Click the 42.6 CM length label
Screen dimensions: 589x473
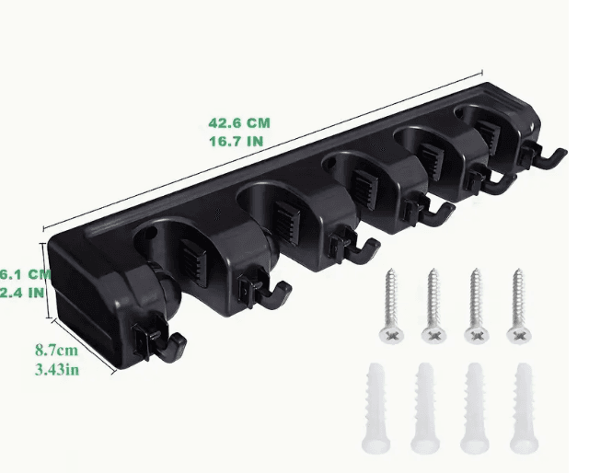[x=239, y=123]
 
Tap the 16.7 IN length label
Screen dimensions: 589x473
[x=237, y=142]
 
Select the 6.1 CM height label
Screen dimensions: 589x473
[x=25, y=274]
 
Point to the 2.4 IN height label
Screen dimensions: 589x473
[x=22, y=293]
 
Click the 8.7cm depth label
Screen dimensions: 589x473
[x=57, y=351]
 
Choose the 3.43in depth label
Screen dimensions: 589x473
[x=57, y=370]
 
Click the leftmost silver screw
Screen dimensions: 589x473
[x=391, y=306]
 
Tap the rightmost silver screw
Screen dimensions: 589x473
[x=519, y=306]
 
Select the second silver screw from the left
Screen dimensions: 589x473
[x=433, y=306]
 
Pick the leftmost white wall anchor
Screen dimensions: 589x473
[x=375, y=408]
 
